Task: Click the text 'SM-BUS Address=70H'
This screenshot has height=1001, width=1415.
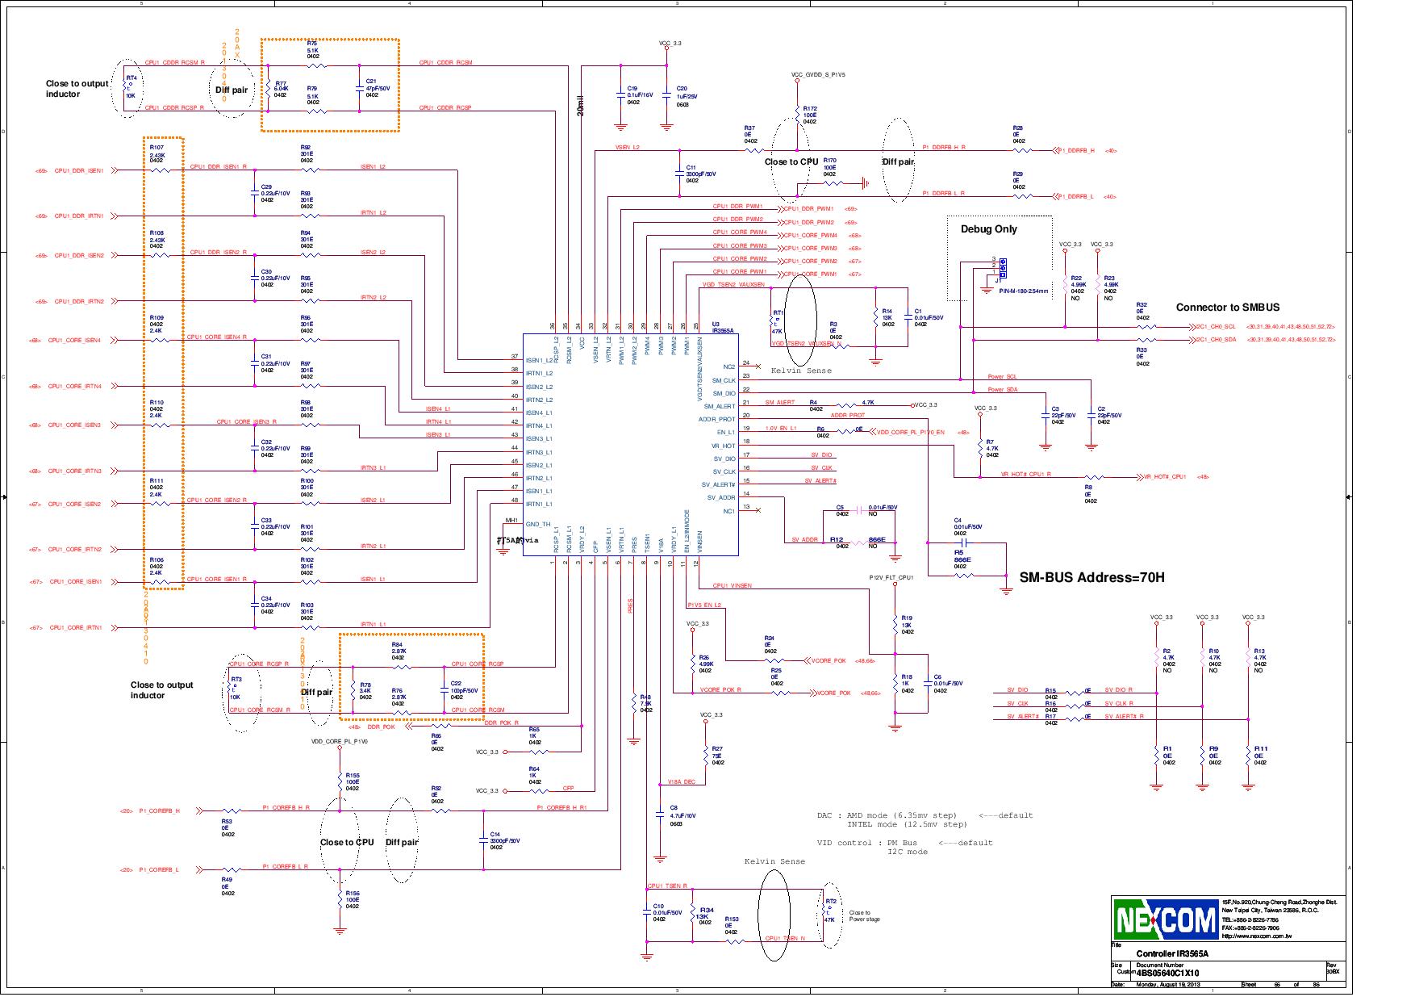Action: (1092, 577)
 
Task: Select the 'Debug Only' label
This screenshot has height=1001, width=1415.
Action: (988, 229)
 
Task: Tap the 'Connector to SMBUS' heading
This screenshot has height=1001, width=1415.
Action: (1227, 308)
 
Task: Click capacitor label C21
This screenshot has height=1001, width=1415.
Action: (371, 82)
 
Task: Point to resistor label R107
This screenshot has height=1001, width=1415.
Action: (157, 148)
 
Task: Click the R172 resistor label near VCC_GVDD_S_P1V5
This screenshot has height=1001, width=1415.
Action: (810, 109)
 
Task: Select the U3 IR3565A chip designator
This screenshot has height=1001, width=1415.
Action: (721, 328)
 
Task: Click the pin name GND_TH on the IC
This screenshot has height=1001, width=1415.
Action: (538, 524)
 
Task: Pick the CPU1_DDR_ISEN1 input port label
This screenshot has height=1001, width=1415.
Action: (79, 171)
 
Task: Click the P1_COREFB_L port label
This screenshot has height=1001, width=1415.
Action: (159, 869)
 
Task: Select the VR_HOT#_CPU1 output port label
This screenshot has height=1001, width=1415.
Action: (1165, 476)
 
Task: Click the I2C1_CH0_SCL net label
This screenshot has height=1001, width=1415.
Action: (1217, 327)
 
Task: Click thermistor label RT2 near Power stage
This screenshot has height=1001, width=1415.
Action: (829, 901)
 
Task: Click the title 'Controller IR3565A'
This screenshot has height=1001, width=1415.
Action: (1171, 953)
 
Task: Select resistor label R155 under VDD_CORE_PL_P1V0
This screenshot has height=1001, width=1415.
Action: (352, 775)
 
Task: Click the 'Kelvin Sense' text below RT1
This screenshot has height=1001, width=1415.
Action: (801, 371)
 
